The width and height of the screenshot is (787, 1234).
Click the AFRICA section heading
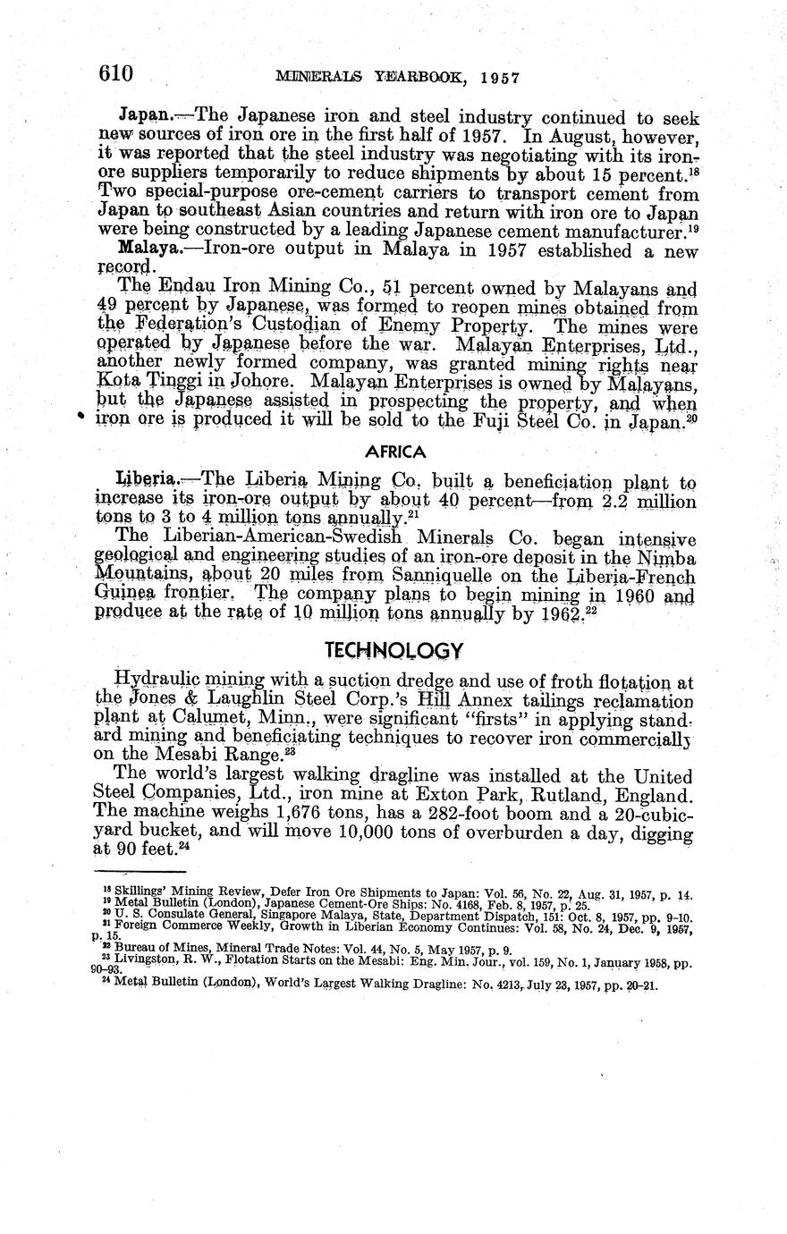tap(396, 452)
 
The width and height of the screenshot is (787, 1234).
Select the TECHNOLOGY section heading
tap(394, 649)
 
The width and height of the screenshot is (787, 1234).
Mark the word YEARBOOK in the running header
tap(410, 78)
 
